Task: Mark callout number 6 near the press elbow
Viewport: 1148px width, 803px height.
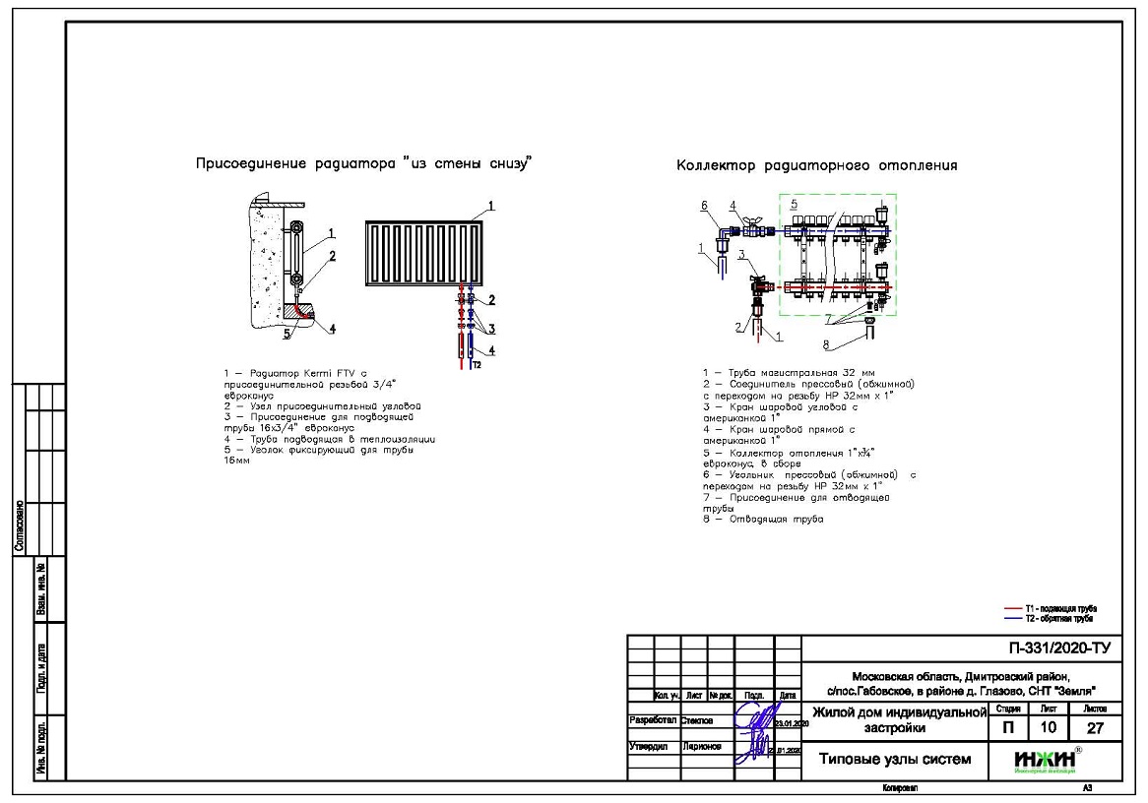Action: click(x=704, y=205)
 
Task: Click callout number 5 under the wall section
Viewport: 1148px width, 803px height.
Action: click(x=287, y=334)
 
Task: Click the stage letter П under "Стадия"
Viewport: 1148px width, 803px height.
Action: click(x=1007, y=729)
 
